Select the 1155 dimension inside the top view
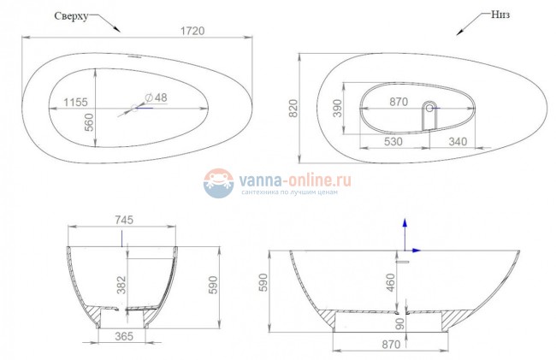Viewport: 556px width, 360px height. click(75, 103)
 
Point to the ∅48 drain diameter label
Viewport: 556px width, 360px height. click(156, 97)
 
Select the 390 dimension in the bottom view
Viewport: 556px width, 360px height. click(338, 109)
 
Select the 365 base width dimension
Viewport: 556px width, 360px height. click(123, 338)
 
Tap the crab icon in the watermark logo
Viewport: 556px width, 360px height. click(218, 183)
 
